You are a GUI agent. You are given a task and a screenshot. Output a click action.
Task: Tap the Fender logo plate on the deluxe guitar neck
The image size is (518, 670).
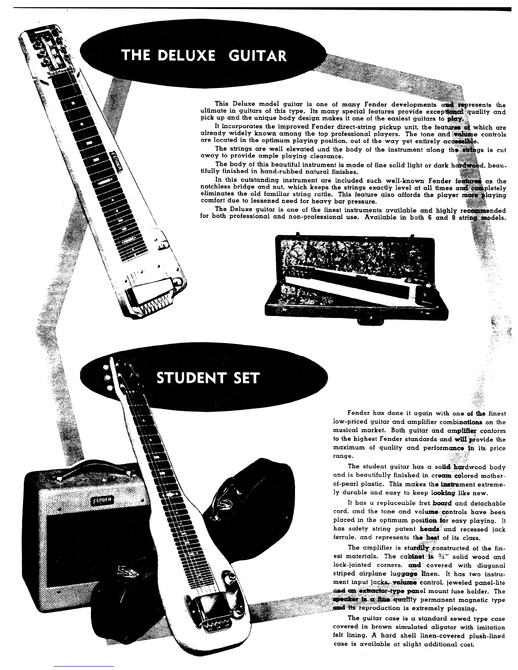(116, 161)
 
